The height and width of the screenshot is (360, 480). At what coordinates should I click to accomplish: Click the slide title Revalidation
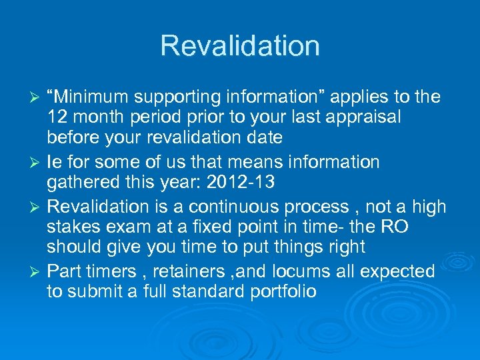click(x=240, y=46)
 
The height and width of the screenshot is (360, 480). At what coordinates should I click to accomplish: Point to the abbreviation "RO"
click(x=395, y=227)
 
